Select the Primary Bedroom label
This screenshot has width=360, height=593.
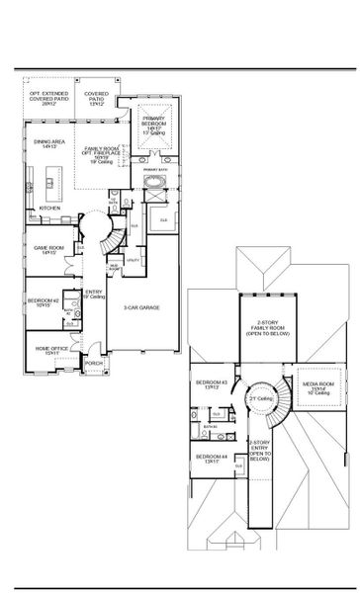157,124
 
